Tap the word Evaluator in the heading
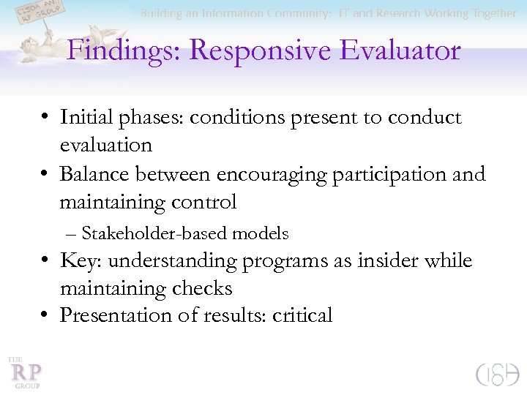pos(391,50)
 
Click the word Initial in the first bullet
pos(85,117)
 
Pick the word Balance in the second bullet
pos(94,174)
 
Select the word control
pos(203,201)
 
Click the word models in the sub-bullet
pos(260,233)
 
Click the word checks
pos(202,288)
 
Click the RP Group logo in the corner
pos(23,372)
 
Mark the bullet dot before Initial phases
pos(45,118)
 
